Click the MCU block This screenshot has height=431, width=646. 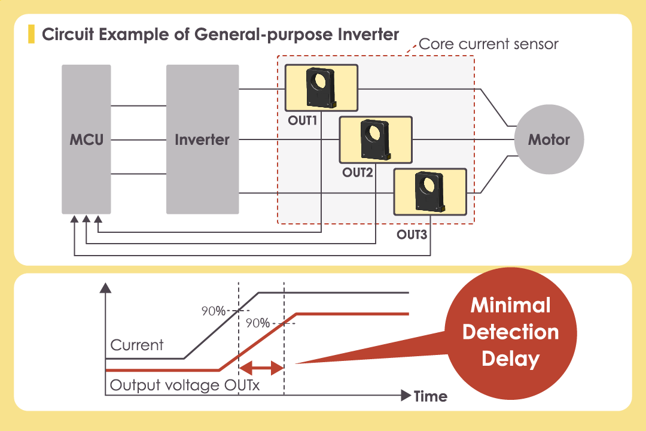86,139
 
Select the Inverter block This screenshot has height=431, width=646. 202,139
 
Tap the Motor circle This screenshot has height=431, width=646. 549,140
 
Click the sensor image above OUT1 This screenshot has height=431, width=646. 321,87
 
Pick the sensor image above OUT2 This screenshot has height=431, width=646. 375,139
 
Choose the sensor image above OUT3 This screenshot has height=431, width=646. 429,192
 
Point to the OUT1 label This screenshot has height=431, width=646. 303,120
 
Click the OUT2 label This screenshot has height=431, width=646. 358,172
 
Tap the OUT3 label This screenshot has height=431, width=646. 412,234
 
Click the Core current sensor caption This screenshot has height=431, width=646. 488,44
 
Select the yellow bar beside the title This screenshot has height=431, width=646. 31,34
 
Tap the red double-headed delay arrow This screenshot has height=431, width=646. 261,368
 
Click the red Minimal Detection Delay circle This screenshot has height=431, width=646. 511,332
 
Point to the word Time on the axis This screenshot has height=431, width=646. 431,396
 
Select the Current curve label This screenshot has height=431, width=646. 137,345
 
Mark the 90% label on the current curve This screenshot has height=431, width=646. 213,311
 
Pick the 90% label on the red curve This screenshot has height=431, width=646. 257,323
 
